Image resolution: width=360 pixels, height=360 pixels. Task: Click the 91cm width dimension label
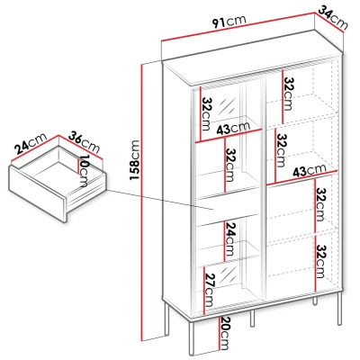coord(229,22)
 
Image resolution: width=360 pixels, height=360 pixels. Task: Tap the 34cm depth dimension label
coord(333,18)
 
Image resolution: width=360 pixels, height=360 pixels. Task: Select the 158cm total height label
coord(134,159)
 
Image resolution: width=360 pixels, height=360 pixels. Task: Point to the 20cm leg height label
coord(224,333)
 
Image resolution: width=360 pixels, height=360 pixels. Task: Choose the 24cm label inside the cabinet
coord(229,238)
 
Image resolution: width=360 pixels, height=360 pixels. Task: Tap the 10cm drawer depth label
coord(84,171)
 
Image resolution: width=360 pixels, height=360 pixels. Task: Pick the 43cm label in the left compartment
coord(233,129)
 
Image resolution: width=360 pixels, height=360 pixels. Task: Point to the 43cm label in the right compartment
coord(309,170)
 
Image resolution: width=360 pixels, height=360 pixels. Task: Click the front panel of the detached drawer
coord(38,193)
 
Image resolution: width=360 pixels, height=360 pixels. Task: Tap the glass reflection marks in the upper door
coord(227,106)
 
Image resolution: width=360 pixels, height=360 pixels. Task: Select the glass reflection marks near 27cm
coord(227,275)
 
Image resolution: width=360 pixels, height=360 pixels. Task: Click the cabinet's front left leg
coord(193,337)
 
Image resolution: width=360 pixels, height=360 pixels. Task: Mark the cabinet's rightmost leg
coord(339,308)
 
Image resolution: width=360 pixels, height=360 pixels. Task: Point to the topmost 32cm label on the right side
coord(289,94)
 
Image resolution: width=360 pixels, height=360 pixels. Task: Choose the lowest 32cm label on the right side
coord(321,261)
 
